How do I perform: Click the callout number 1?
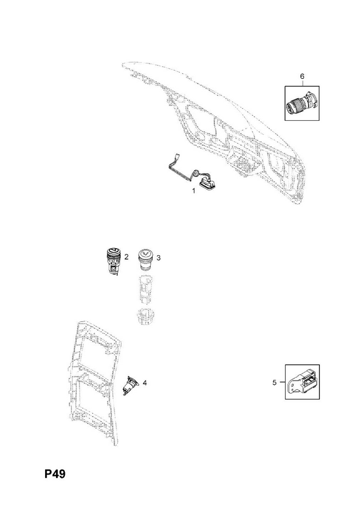[194, 191]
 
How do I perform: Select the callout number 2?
[127, 257]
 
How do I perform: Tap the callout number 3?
[158, 258]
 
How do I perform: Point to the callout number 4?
[145, 383]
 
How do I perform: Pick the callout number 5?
[274, 383]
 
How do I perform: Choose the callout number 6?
[302, 76]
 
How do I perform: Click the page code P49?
[55, 474]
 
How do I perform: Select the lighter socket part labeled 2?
[113, 261]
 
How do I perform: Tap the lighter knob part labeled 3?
[144, 259]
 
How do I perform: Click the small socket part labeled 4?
[130, 385]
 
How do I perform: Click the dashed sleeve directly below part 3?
[144, 288]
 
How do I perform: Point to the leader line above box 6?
[302, 83]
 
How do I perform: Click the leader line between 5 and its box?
[282, 382]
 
